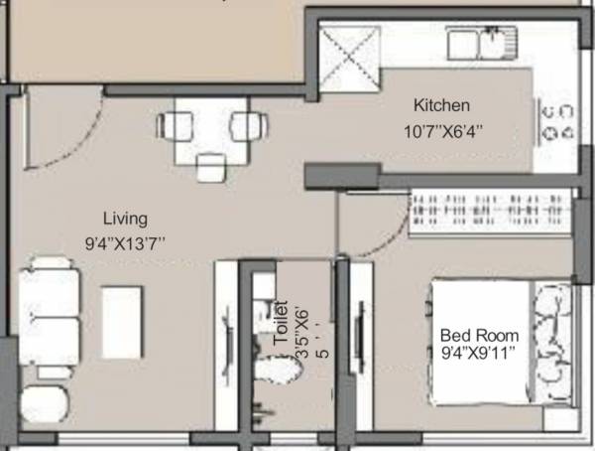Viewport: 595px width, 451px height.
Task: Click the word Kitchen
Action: point(441,105)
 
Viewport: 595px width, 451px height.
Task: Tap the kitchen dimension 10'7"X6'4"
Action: point(443,129)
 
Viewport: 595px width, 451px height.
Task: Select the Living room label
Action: point(125,218)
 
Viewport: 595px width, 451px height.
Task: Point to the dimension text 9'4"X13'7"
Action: point(125,240)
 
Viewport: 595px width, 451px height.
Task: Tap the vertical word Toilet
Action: point(281,323)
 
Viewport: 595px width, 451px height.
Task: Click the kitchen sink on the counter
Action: point(480,44)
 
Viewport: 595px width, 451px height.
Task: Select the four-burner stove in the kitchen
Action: point(555,119)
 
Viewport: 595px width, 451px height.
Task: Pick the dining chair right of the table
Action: point(247,126)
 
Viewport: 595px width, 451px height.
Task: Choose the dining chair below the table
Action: point(210,168)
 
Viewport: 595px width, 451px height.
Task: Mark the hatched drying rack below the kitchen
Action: point(490,213)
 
